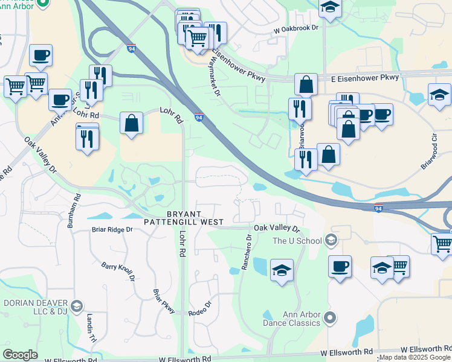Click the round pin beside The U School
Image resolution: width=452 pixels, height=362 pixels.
point(330,241)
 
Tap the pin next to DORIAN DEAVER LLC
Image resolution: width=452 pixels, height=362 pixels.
point(76,306)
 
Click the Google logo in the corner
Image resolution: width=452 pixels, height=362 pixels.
point(20,355)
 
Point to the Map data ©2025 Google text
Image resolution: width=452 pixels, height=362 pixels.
point(415,357)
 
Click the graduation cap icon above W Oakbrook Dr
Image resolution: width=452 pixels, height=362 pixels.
point(329,8)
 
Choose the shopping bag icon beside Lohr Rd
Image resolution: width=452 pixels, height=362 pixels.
point(131,124)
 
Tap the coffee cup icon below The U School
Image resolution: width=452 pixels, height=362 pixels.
point(340,266)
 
